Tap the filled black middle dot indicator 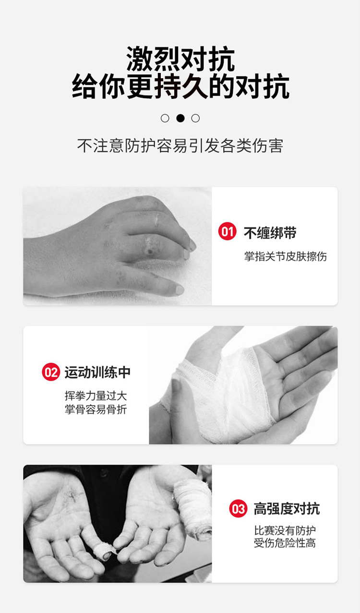(180, 118)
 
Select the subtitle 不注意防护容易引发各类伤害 (180, 146)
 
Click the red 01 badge (227, 232)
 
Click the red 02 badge (50, 372)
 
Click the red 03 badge (238, 509)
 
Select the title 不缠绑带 (270, 233)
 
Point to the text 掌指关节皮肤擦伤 (285, 256)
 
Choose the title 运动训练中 (97, 372)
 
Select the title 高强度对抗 (287, 509)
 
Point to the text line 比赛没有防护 (285, 531)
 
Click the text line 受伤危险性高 (285, 543)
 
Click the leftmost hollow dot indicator (165, 118)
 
